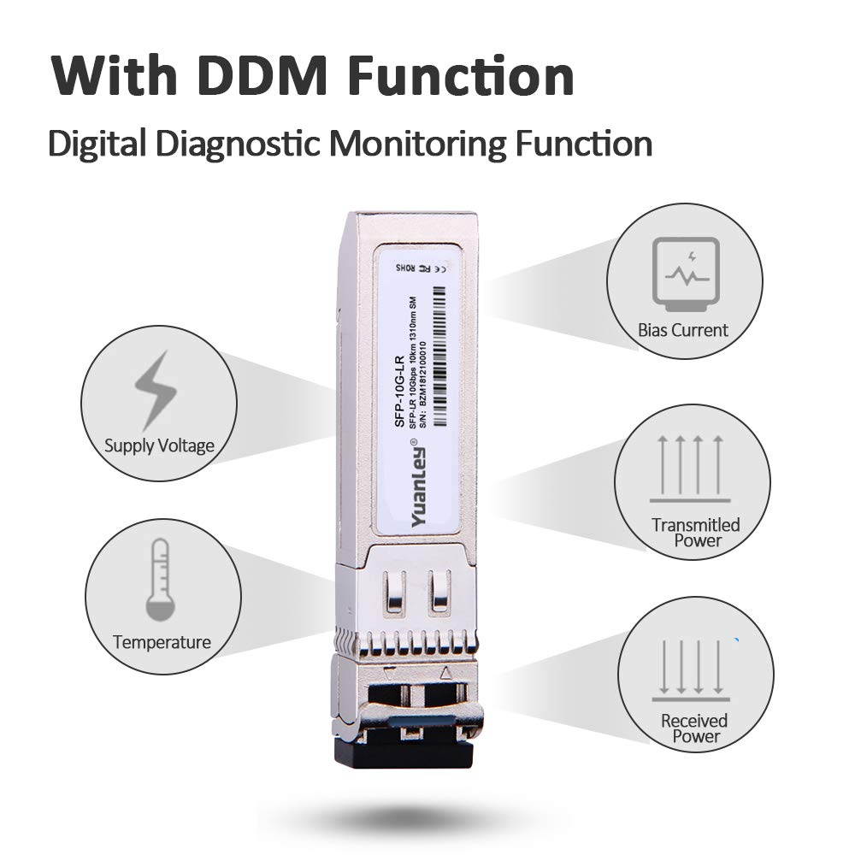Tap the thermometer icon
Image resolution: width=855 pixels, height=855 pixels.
[160, 580]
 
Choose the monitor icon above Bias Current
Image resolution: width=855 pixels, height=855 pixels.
[681, 273]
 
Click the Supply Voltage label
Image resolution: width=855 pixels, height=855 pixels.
[159, 445]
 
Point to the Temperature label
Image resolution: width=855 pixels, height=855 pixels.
[161, 642]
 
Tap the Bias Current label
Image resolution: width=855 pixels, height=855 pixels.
[683, 330]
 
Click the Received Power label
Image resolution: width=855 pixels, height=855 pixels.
[693, 728]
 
